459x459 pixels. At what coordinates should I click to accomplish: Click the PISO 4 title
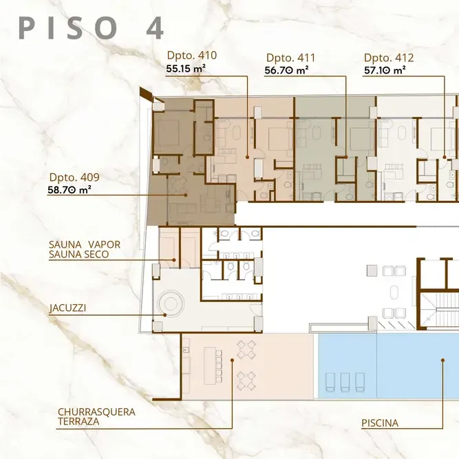click(92, 28)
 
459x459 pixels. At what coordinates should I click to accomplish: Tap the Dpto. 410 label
click(192, 55)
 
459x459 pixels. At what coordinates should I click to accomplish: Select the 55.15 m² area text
click(186, 69)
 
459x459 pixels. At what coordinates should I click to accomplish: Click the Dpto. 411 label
click(290, 58)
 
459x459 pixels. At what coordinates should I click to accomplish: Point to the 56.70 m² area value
click(286, 71)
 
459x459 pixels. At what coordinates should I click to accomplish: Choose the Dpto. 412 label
click(389, 58)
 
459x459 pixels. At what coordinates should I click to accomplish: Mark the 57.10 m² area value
click(385, 71)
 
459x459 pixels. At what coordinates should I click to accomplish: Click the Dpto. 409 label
click(74, 177)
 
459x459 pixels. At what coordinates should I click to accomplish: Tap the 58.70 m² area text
click(70, 190)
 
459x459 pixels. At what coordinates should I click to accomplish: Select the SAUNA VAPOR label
click(85, 244)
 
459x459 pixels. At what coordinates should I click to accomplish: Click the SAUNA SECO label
click(78, 255)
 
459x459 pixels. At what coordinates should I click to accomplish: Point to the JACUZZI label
click(67, 308)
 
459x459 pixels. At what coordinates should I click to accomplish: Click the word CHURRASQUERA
click(96, 412)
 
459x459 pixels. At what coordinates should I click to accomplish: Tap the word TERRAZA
click(78, 422)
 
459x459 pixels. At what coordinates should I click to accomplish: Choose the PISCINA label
click(380, 423)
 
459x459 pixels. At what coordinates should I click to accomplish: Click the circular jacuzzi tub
click(171, 304)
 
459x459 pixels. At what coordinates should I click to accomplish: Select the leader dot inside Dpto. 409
click(186, 195)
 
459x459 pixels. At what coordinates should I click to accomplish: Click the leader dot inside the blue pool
click(443, 361)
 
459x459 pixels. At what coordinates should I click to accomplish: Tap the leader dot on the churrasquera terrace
click(232, 361)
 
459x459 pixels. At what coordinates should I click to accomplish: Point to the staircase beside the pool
click(440, 310)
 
